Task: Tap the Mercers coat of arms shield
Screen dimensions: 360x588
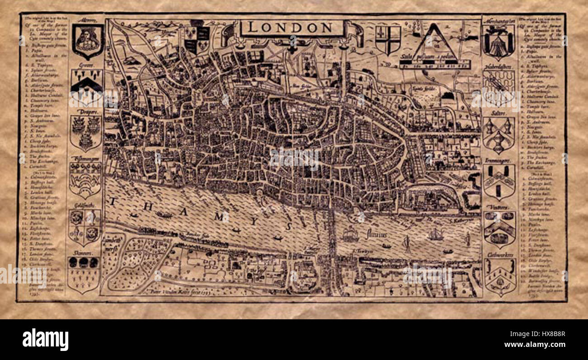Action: coord(88,41)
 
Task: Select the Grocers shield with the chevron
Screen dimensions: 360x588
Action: coord(87,86)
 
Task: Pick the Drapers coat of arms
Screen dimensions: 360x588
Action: coord(86,133)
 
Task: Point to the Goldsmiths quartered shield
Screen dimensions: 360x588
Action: coord(85,227)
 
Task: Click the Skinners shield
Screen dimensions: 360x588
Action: coord(83,273)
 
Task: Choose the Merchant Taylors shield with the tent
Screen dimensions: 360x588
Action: coord(498,42)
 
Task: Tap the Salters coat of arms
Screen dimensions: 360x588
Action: coord(498,135)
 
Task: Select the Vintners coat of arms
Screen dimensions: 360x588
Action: coord(499,229)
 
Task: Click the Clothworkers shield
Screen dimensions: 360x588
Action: coord(500,276)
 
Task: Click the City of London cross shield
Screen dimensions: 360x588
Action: coord(388,40)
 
